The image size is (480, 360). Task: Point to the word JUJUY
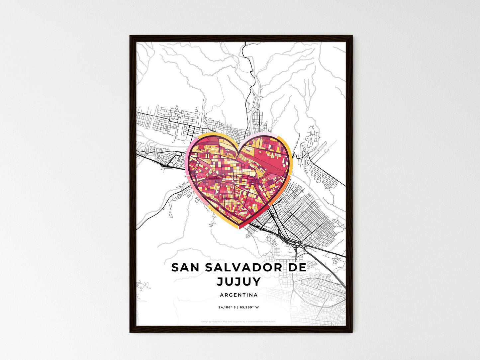(239, 282)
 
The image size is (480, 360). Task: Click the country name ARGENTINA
(239, 295)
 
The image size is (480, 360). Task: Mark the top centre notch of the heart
(239, 154)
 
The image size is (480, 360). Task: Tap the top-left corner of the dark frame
(130, 36)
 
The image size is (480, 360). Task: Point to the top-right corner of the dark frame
(352, 36)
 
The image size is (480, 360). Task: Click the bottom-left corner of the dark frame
(130, 332)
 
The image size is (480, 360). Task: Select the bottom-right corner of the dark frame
(352, 332)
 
